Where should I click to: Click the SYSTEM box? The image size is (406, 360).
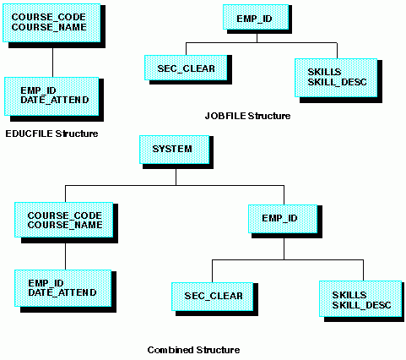[x=175, y=150]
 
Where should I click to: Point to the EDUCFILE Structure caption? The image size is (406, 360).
[x=51, y=134]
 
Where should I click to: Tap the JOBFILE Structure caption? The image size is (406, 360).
[x=247, y=116]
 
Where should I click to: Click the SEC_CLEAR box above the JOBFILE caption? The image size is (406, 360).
[x=186, y=68]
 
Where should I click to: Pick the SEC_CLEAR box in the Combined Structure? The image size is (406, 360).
[x=213, y=297]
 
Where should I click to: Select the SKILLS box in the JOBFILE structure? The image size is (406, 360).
[x=336, y=78]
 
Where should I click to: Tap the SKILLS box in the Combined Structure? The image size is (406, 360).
[x=360, y=299]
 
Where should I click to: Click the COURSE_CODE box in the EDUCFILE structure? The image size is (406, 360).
[x=51, y=23]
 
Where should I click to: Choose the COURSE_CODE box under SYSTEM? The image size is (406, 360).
[x=64, y=220]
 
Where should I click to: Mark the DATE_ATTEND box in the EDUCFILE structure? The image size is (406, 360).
[x=51, y=96]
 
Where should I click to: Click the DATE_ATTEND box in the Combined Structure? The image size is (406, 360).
[x=63, y=288]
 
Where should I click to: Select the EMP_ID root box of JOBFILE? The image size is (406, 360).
[x=256, y=17]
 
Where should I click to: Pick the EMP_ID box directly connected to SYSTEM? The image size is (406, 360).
[x=283, y=219]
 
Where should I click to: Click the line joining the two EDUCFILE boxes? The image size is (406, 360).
[x=52, y=63]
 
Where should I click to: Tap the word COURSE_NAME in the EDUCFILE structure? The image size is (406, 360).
[x=49, y=27]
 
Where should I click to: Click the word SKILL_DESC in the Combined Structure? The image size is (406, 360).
[x=361, y=305]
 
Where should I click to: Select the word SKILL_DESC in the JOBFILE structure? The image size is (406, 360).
[x=337, y=82]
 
